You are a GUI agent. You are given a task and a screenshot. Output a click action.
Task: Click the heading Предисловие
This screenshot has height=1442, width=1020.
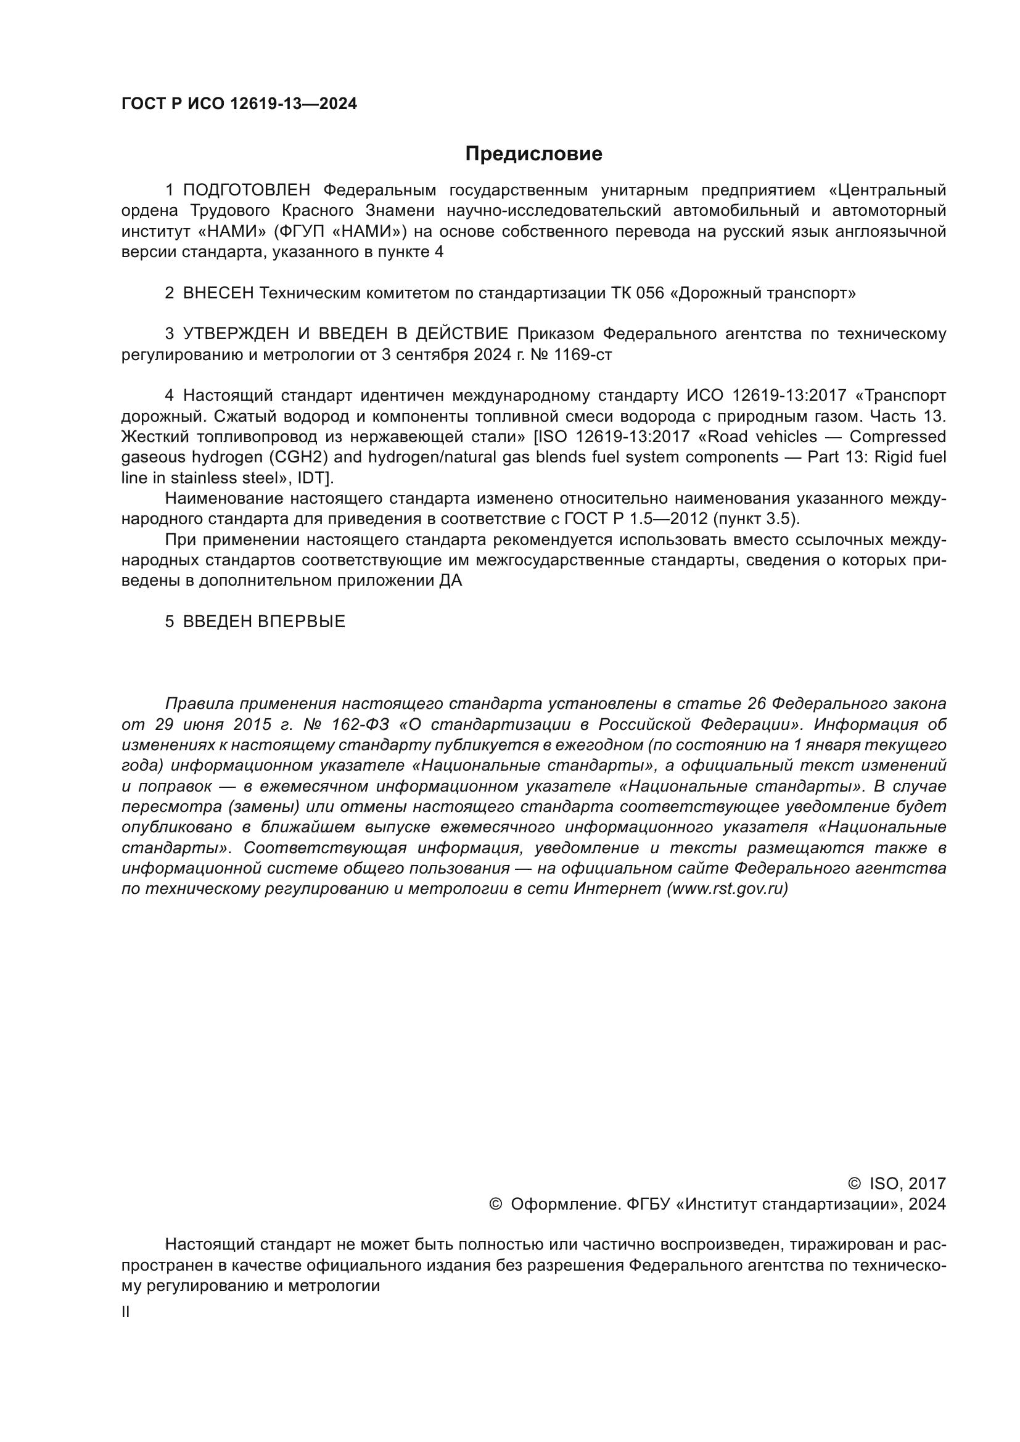(533, 154)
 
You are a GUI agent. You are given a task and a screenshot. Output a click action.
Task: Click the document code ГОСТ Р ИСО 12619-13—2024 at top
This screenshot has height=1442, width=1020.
(239, 104)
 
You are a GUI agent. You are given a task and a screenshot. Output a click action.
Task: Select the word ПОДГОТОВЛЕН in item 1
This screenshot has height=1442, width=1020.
(246, 190)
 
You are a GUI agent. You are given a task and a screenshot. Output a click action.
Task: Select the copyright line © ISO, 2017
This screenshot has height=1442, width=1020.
(897, 1184)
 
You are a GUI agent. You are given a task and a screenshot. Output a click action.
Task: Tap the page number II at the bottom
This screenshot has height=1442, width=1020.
(126, 1312)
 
